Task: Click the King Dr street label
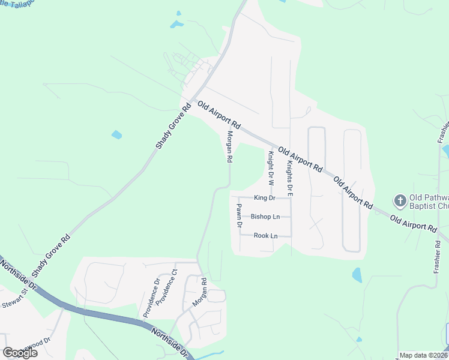tap(264, 197)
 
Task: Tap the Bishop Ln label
tap(265, 216)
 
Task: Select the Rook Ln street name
tap(265, 235)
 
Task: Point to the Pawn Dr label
tap(238, 216)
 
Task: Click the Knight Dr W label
tap(271, 167)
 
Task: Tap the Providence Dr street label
tap(151, 297)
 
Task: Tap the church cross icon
tap(399, 200)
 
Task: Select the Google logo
tap(20, 353)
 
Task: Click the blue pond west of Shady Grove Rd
tap(116, 135)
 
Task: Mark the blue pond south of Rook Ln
tap(357, 275)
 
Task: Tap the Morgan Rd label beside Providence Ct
tap(200, 292)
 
